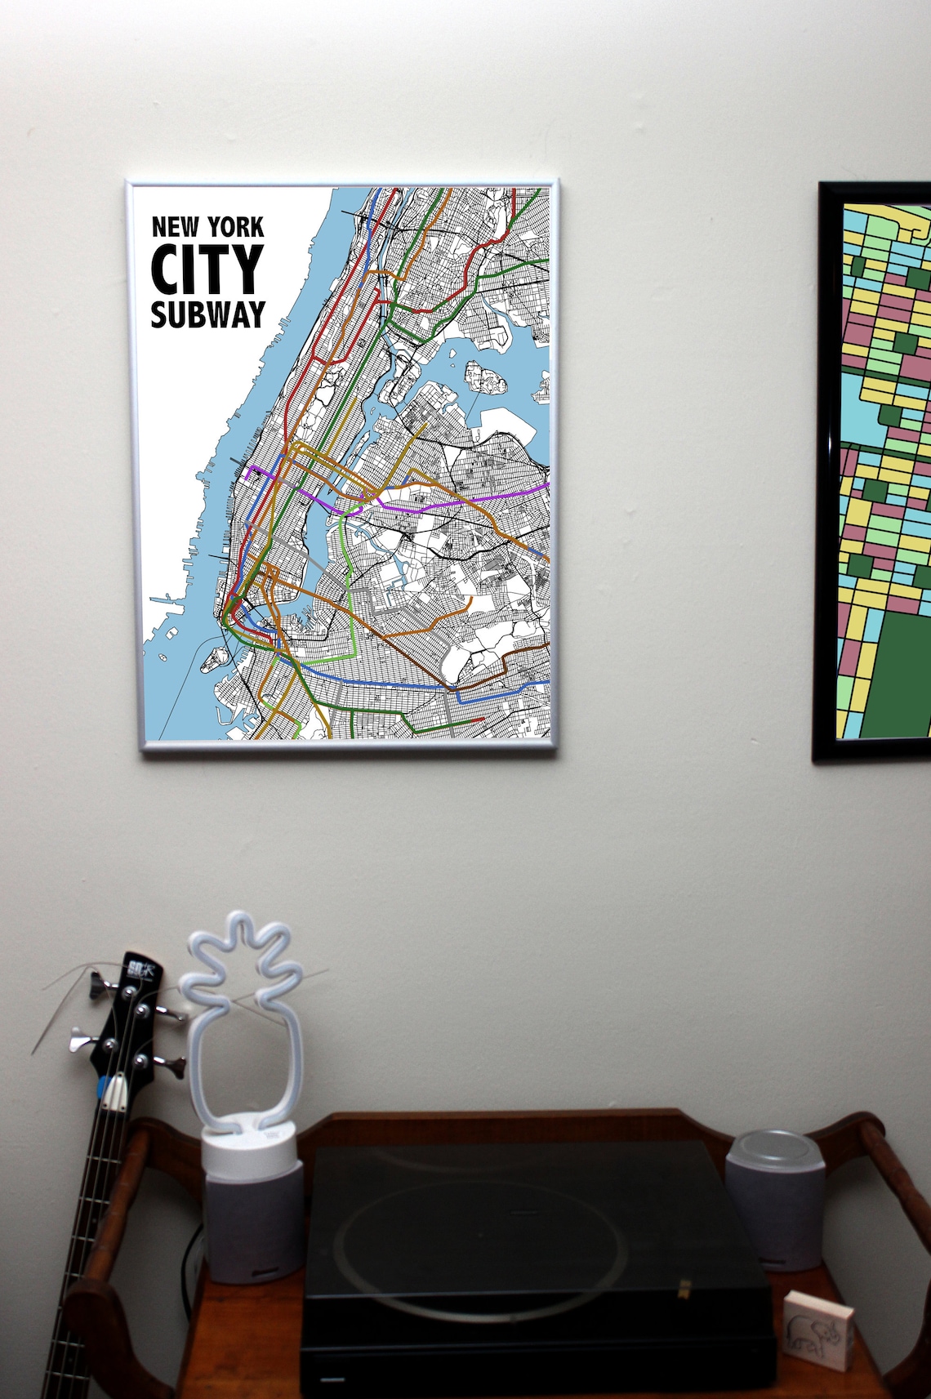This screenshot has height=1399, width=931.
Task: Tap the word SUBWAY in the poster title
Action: pos(208,314)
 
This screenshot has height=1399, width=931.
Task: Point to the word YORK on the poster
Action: pos(234,226)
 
